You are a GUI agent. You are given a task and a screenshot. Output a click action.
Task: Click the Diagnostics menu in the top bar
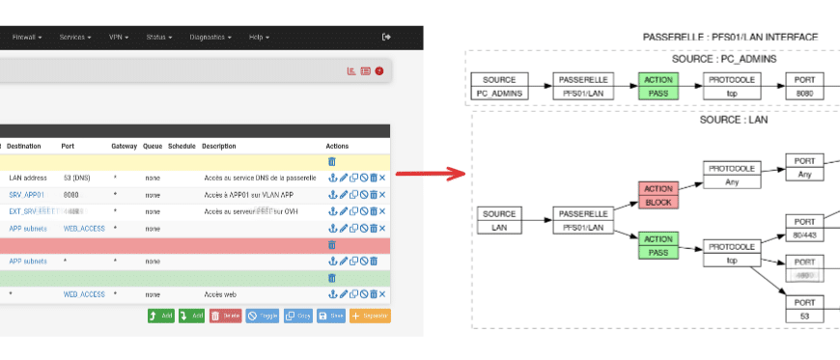(210, 38)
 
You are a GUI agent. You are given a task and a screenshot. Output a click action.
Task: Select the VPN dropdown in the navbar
(120, 38)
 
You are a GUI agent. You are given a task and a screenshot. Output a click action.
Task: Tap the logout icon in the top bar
(387, 37)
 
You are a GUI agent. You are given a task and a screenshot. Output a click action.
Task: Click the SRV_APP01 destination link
(27, 195)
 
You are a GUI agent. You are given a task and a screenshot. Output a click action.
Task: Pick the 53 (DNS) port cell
(77, 179)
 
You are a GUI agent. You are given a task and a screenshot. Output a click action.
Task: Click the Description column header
(219, 146)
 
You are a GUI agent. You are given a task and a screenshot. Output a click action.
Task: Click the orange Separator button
(370, 316)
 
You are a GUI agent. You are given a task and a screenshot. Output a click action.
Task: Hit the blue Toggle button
(262, 316)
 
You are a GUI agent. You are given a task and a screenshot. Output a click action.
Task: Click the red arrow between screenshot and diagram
(431, 175)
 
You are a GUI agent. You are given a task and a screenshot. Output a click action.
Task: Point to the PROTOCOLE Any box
(731, 175)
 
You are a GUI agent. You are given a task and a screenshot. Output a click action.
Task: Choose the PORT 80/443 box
(805, 227)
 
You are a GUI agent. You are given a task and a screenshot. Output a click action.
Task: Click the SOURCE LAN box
(500, 220)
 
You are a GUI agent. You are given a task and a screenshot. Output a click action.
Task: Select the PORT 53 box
(805, 309)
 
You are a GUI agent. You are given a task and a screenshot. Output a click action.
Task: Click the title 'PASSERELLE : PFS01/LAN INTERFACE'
(730, 37)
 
